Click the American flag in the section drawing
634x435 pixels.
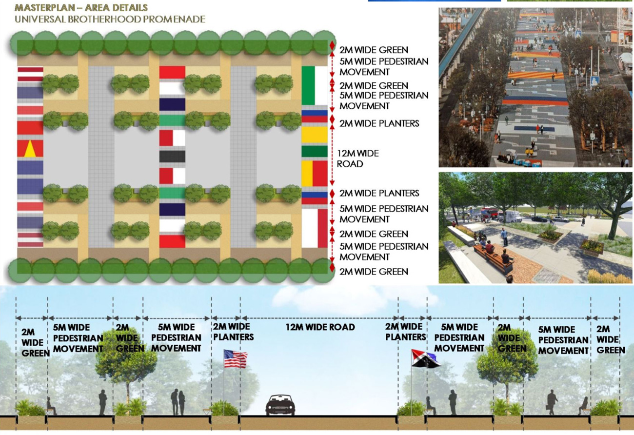[x=236, y=358]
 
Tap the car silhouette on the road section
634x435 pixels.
[x=280, y=405]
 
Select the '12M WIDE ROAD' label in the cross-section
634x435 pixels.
[x=320, y=327]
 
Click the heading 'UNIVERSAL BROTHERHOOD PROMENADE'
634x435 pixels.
[x=110, y=19]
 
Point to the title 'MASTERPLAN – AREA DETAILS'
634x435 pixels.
[x=81, y=7]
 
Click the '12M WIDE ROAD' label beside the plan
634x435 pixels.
[x=357, y=158]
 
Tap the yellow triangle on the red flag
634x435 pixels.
[x=30, y=149]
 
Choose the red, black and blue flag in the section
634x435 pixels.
[x=425, y=358]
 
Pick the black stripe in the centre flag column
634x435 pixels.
[x=172, y=157]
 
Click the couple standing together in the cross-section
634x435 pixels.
[x=178, y=402]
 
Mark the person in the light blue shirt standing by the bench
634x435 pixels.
[x=504, y=237]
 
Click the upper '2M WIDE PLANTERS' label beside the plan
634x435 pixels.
[x=379, y=123]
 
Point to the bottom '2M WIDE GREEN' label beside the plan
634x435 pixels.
[x=374, y=272]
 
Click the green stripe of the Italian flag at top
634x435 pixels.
[x=308, y=85]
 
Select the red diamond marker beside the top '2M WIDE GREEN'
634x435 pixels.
[x=332, y=46]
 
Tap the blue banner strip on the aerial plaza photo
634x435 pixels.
[x=534, y=128]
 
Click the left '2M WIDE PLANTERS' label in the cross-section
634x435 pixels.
[x=233, y=332]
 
